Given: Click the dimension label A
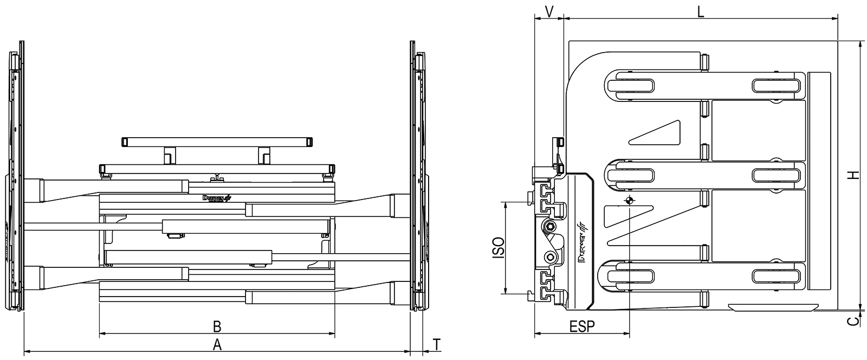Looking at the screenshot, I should [217, 344].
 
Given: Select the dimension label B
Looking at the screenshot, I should [217, 326].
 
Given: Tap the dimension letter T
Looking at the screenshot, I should [437, 344].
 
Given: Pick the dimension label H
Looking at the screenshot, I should [852, 175].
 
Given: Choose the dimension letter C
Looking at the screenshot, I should [853, 322].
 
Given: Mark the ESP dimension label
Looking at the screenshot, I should [582, 326].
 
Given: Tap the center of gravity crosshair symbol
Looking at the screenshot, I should [629, 201].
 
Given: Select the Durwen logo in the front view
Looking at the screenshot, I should [216, 199].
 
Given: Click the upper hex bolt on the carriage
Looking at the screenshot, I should [551, 226].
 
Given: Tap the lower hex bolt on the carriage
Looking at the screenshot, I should [551, 256].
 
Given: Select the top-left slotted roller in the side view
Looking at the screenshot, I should [629, 86].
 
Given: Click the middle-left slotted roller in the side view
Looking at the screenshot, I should [629, 176].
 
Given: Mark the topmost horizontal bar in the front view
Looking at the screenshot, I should [217, 142].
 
